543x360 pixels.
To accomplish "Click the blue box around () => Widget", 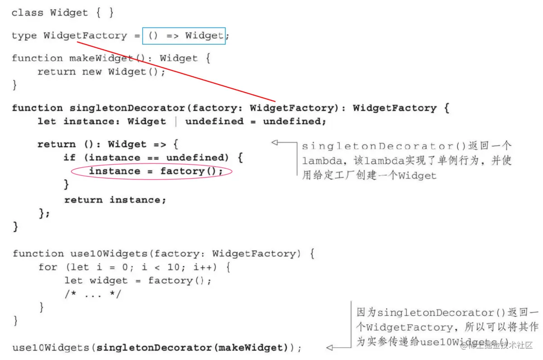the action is [183, 36].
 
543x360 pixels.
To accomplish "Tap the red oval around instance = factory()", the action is [151, 171].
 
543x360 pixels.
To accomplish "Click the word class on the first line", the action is [27, 13].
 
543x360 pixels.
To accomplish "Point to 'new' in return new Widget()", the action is [92, 72].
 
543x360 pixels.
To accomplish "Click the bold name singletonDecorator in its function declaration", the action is [127, 108].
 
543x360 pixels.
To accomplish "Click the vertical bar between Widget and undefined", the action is [176, 122].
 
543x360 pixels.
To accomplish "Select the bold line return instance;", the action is [115, 200].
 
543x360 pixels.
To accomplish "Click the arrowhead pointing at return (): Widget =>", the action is [274, 142].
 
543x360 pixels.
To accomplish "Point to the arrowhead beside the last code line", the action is [329, 348].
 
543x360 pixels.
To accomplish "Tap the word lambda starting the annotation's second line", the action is [318, 161].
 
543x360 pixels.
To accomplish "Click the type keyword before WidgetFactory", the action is [24, 36].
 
